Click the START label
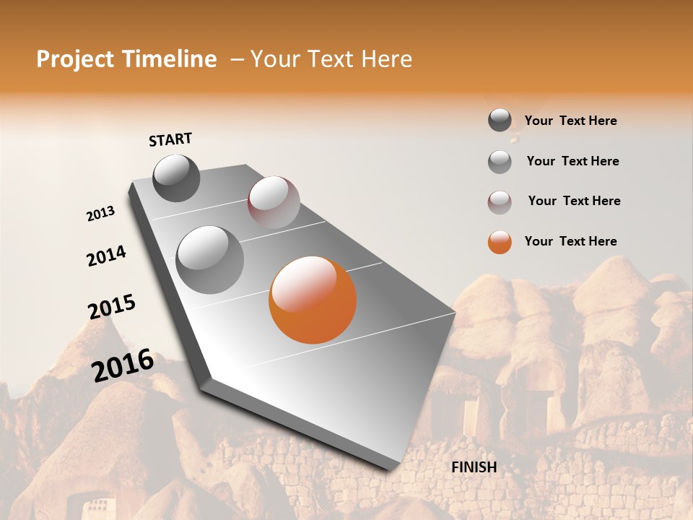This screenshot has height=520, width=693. [x=170, y=139]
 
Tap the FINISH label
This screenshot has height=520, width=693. [x=474, y=467]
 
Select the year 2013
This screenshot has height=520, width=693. [x=100, y=214]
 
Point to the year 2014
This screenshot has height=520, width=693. [x=106, y=256]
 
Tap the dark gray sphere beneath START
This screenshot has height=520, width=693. [x=176, y=178]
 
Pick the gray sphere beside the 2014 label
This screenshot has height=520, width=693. [x=210, y=260]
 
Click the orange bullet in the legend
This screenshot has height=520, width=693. [x=500, y=242]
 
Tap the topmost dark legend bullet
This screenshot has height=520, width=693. [x=500, y=120]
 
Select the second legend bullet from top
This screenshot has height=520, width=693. [x=500, y=162]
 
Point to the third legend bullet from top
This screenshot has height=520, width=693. [x=500, y=202]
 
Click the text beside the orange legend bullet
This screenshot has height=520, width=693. [x=571, y=241]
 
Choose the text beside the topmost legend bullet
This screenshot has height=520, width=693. [x=571, y=121]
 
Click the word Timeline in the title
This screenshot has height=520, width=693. [x=171, y=59]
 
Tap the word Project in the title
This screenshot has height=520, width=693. [x=75, y=59]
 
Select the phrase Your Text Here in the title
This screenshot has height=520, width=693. [x=331, y=59]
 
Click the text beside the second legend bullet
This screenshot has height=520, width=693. [x=573, y=161]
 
